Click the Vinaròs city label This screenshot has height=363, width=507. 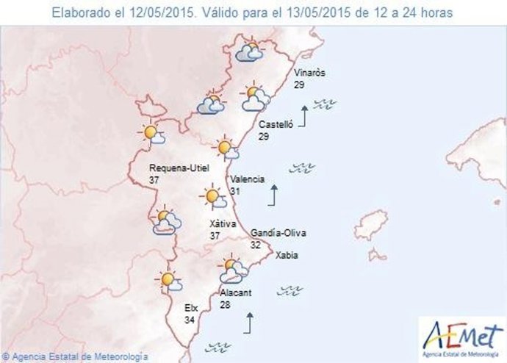309,73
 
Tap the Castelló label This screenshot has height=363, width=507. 276,126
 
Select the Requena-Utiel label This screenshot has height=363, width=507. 179,168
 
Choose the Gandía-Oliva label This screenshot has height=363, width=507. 278,234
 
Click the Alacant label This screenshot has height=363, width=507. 236,292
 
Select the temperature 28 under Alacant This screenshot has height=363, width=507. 226,304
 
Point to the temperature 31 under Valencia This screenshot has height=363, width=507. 235,191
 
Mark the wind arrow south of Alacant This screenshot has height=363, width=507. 250,322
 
